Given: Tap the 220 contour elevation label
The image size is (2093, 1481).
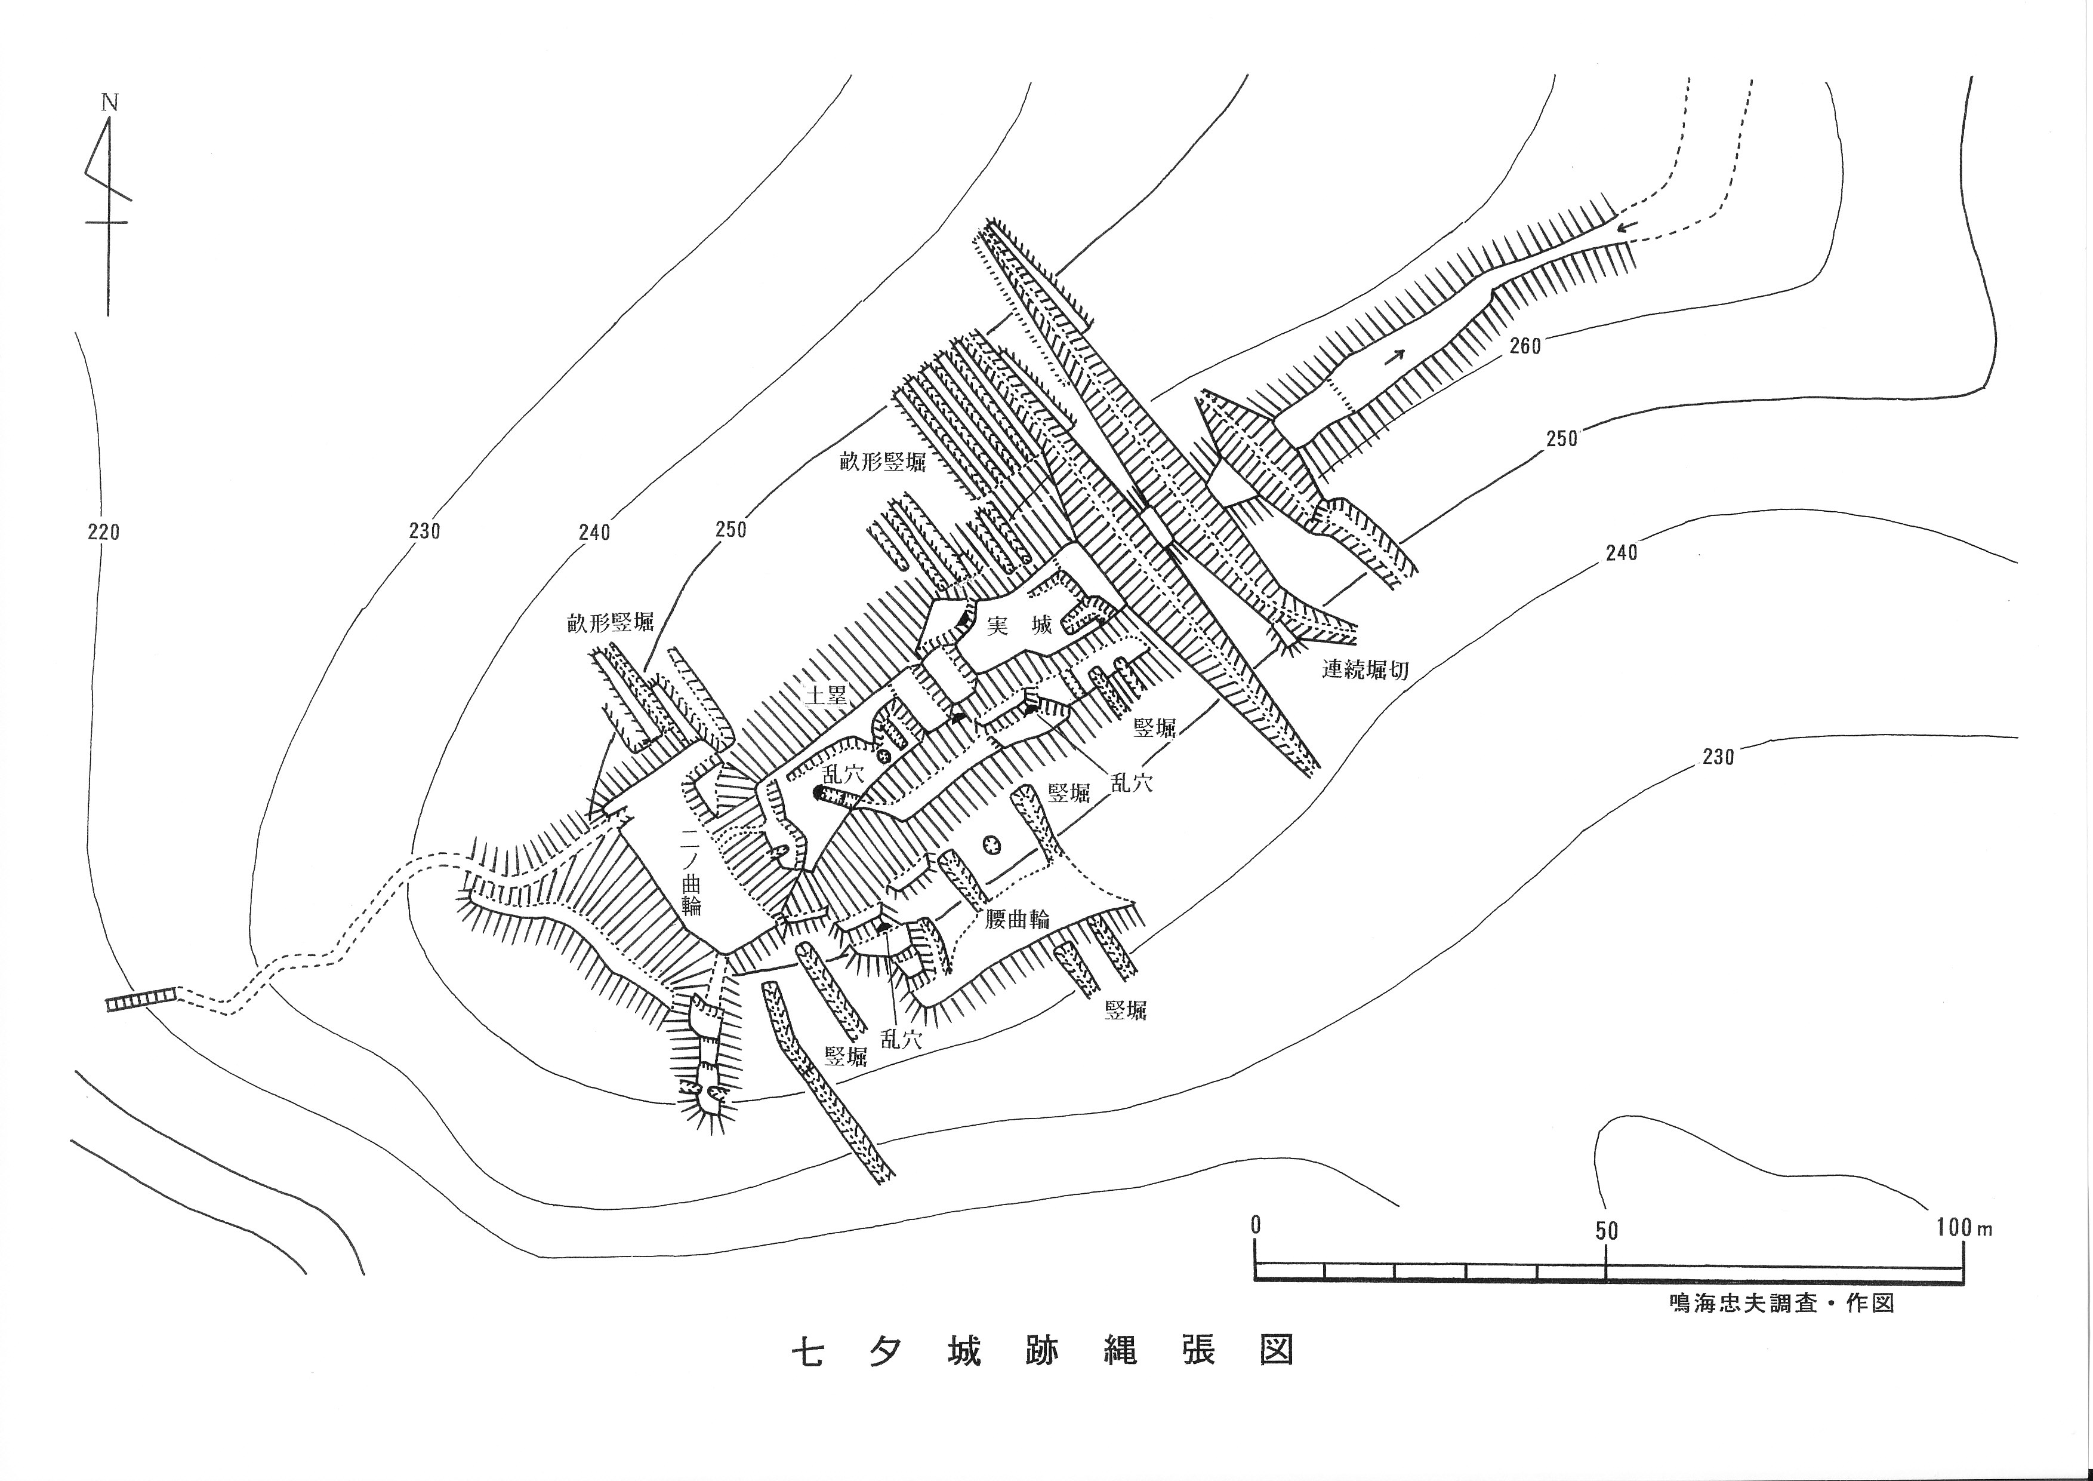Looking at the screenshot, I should coord(103,531).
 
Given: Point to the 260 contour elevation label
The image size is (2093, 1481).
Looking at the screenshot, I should coord(1524,346).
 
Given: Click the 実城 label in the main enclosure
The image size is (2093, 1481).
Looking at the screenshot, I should coord(1019,626).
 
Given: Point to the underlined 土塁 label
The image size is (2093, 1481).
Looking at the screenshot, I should coord(827,695).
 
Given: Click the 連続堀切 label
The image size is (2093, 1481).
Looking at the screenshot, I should coord(1365,669).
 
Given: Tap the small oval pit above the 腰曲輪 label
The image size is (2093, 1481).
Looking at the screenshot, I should coord(990,844).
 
